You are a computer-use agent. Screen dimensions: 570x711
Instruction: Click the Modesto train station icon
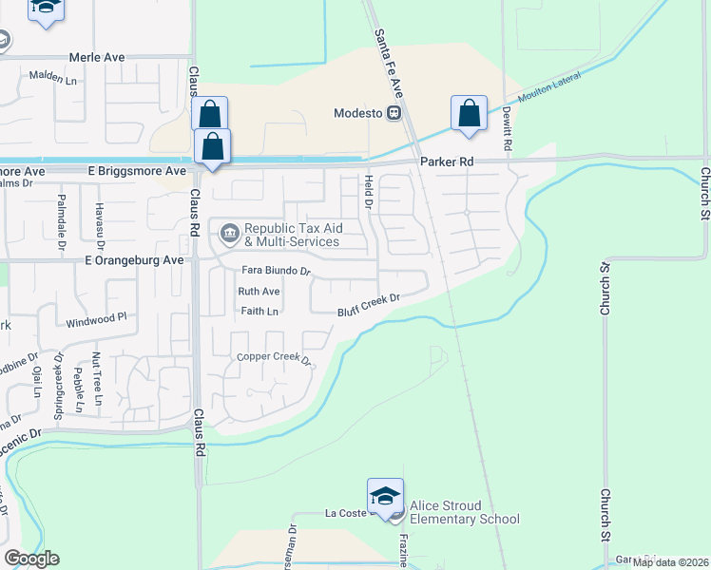pyautogui.click(x=393, y=113)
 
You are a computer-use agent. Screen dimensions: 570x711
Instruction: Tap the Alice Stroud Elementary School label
pyautogui.click(x=465, y=512)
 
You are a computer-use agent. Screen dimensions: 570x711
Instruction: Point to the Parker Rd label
pyautogui.click(x=447, y=162)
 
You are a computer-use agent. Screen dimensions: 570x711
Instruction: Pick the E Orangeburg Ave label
pyautogui.click(x=134, y=259)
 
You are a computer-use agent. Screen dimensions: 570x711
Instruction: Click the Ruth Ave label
pyautogui.click(x=259, y=292)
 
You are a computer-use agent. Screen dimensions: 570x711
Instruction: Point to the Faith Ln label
pyautogui.click(x=259, y=311)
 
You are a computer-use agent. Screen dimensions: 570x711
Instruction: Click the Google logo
pyautogui.click(x=31, y=559)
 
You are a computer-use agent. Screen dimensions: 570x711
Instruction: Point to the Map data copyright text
pyautogui.click(x=671, y=562)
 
